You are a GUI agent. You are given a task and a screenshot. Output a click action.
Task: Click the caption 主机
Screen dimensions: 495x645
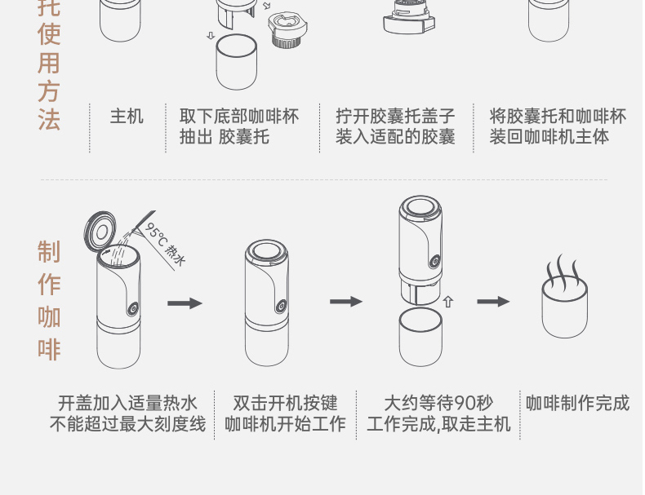pyautogui.click(x=127, y=117)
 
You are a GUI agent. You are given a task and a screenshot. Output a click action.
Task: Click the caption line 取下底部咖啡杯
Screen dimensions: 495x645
pyautogui.click(x=239, y=117)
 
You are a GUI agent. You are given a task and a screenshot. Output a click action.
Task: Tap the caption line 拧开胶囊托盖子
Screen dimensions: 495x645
pyautogui.click(x=395, y=117)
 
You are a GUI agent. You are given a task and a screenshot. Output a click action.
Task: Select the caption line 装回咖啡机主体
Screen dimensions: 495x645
pyautogui.click(x=549, y=137)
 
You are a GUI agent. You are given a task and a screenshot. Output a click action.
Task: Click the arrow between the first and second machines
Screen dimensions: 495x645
pyautogui.click(x=185, y=303)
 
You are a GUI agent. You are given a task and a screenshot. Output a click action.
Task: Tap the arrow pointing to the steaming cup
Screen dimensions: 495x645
pyautogui.click(x=493, y=302)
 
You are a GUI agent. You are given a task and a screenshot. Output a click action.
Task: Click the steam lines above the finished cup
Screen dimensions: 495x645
pyautogui.click(x=563, y=268)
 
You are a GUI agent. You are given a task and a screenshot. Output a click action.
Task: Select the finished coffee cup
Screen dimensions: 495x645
pyautogui.click(x=564, y=310)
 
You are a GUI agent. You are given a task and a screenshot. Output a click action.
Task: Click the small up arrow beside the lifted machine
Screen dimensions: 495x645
pyautogui.click(x=447, y=302)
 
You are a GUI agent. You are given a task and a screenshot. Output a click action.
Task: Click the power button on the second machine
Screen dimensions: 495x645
pyautogui.click(x=281, y=307)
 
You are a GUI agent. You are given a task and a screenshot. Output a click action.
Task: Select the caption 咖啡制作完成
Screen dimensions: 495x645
pyautogui.click(x=578, y=403)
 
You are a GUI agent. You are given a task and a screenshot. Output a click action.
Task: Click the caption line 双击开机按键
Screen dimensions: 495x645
pyautogui.click(x=285, y=403)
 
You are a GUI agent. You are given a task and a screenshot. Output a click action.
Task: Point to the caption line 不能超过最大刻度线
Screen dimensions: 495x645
pyautogui.click(x=127, y=424)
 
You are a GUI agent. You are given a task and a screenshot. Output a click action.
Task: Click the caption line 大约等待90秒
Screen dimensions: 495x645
pyautogui.click(x=438, y=403)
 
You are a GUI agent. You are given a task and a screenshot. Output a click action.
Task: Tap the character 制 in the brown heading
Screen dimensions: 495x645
pyautogui.click(x=49, y=251)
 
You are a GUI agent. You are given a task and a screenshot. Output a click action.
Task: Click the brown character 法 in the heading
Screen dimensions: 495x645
pyautogui.click(x=49, y=119)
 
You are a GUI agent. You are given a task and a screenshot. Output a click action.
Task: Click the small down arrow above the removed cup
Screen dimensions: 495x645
pyautogui.click(x=211, y=36)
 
